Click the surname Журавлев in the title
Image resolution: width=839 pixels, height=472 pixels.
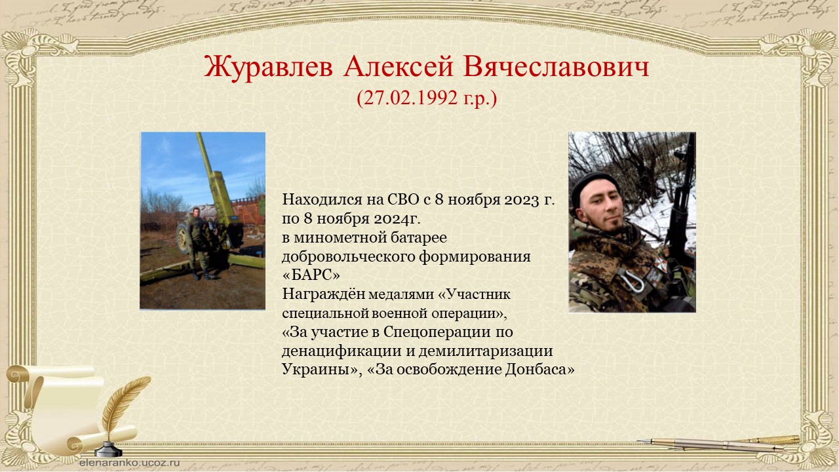pos(268,68)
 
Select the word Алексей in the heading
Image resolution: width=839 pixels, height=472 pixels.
pos(398,67)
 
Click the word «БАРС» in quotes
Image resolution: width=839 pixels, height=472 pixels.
pos(311,275)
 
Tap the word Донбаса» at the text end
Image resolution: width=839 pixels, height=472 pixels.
pos(539,369)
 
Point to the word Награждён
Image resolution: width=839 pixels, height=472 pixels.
pos(324,294)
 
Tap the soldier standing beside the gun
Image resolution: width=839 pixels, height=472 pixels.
pos(198,243)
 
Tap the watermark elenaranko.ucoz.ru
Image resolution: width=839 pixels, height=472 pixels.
pos(130,463)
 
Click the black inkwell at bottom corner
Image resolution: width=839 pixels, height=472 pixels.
pos(108,450)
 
